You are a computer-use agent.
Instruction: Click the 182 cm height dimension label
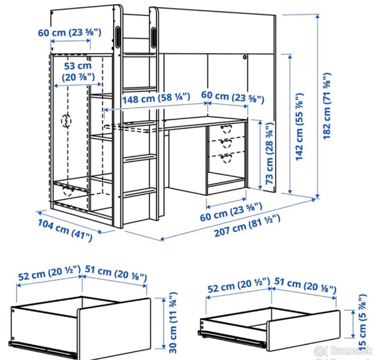tap(327, 106)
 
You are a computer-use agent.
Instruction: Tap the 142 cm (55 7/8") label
tap(299, 127)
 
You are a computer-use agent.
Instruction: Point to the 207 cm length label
tap(247, 226)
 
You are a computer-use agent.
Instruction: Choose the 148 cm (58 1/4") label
tap(156, 98)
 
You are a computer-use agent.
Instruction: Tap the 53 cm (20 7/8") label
tap(78, 72)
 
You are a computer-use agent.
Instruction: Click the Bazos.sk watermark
tap(343, 351)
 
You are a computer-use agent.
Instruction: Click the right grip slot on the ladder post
tap(154, 38)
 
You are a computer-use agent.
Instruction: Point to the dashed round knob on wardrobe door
tap(66, 121)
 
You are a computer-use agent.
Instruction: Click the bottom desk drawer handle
tap(226, 158)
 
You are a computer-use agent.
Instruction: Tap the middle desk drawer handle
tap(226, 143)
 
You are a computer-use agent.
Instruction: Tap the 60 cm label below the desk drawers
tap(231, 212)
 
